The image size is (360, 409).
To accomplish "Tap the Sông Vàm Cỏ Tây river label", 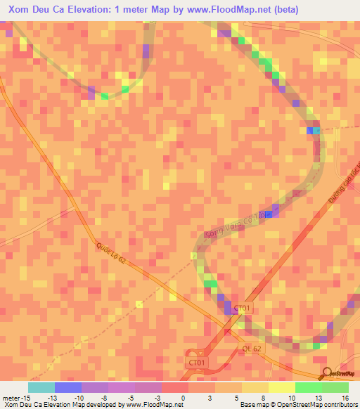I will tap(239, 223).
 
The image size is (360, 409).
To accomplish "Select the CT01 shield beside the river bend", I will tap(242, 308).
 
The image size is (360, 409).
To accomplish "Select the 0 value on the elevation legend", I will tap(184, 398).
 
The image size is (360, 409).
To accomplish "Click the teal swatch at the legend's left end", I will tap(41, 387).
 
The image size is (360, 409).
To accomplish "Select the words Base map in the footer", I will tap(252, 405).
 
